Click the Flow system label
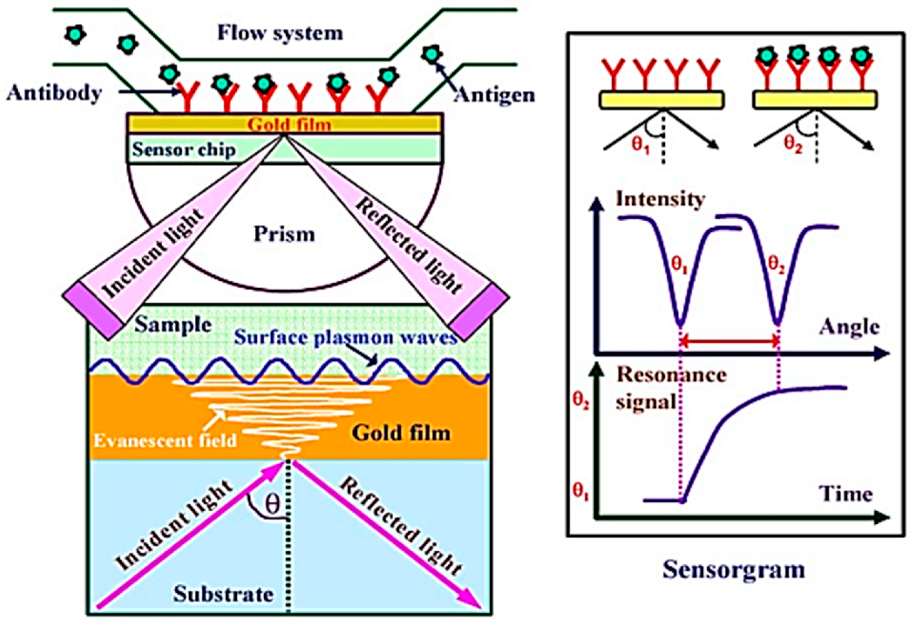(280, 33)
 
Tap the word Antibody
(54, 93)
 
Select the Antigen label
(494, 95)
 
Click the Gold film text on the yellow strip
(289, 124)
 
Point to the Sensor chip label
(184, 150)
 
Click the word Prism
(284, 234)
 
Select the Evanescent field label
(165, 441)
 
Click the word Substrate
(224, 594)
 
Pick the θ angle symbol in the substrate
(272, 505)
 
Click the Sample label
(173, 325)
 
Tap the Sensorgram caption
(734, 570)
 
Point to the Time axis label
(846, 494)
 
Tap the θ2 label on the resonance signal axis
(581, 401)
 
